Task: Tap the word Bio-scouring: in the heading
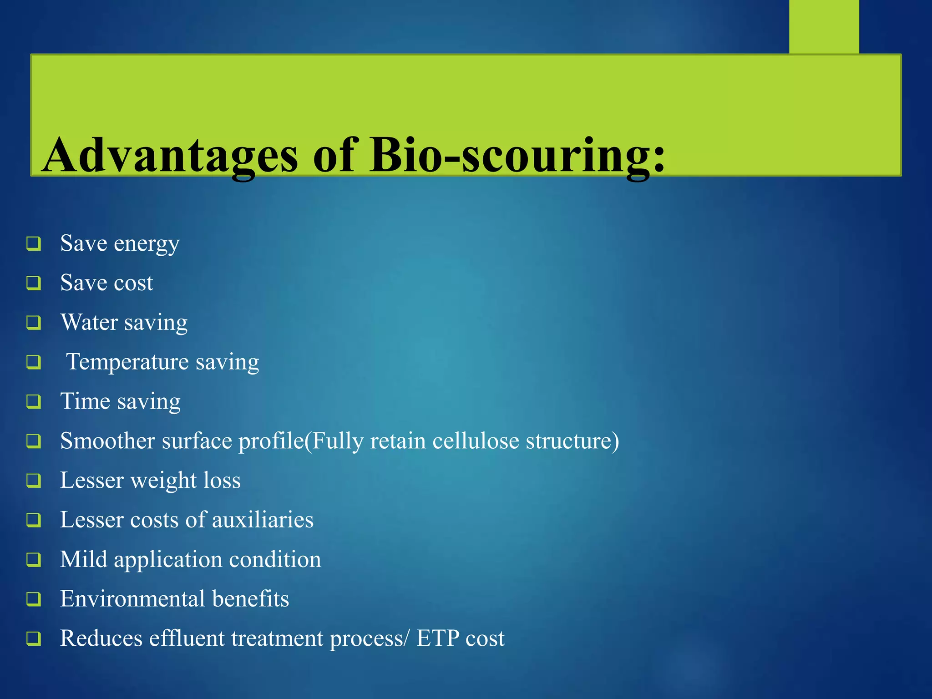[x=517, y=156]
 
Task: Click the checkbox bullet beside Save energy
[x=34, y=243]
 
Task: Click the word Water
[x=89, y=323]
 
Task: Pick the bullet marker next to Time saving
[x=34, y=401]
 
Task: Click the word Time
[x=85, y=401]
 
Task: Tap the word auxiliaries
[x=263, y=520]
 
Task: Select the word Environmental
[x=132, y=599]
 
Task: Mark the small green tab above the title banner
[x=824, y=26]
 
